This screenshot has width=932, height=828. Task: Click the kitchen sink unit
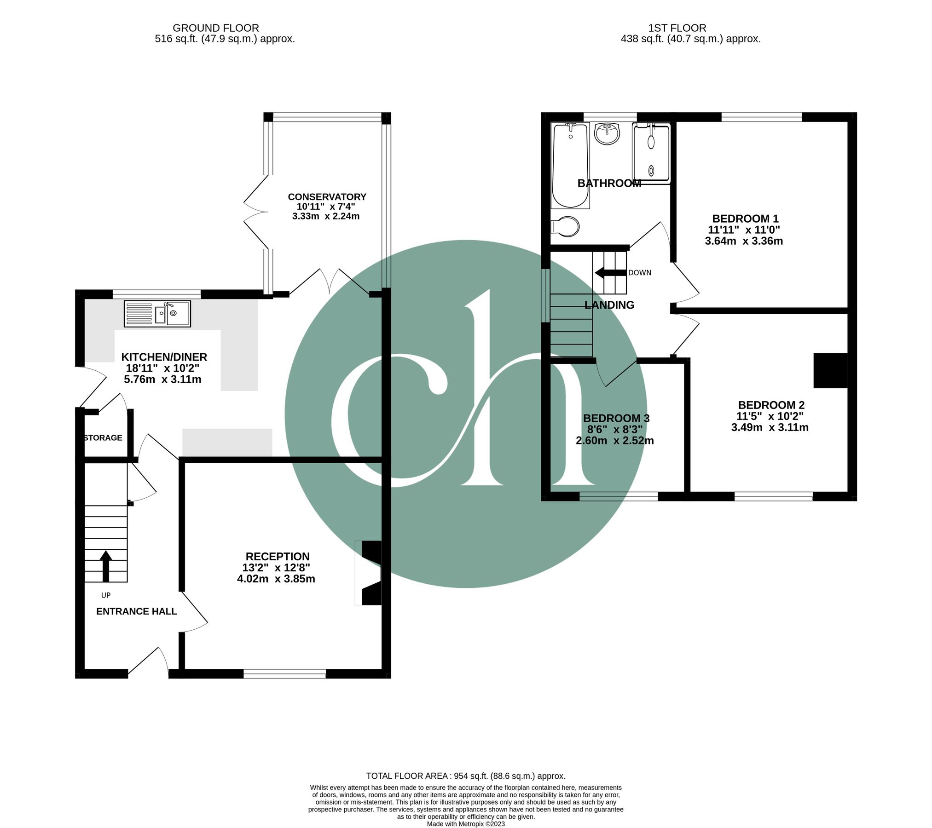157,314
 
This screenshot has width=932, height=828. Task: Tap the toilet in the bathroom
565,226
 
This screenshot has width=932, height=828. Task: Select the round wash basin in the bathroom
607,133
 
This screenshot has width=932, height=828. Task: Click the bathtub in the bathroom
570,166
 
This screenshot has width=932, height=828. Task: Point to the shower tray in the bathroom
651,153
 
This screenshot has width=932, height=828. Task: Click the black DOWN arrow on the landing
611,272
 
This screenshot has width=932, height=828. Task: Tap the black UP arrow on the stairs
106,566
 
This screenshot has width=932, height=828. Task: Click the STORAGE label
103,437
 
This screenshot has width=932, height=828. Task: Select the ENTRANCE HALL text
137,611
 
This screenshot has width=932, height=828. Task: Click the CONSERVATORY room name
327,197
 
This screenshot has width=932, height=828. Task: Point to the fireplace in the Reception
369,573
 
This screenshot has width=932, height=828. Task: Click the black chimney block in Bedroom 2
830,370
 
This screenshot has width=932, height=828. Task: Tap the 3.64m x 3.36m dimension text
744,241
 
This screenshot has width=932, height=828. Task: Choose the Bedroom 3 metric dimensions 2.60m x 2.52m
615,441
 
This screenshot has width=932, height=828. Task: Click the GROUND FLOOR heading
216,28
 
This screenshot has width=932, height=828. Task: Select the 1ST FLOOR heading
677,28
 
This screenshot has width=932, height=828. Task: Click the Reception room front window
284,674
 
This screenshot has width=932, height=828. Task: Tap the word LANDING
609,305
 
